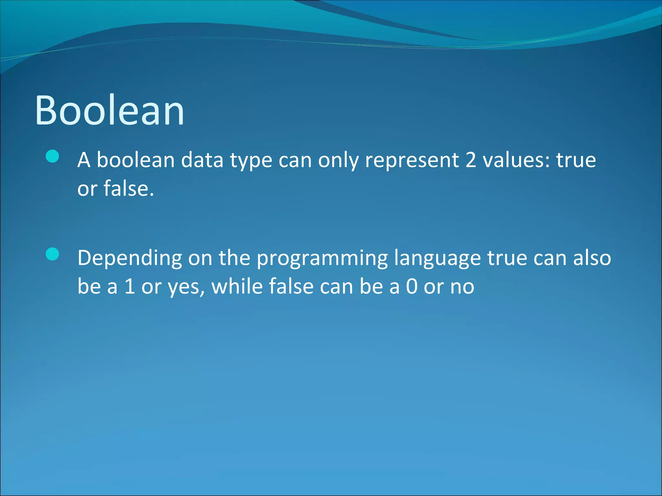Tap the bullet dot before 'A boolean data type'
pyautogui.click(x=52, y=157)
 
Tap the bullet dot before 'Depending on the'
pyautogui.click(x=52, y=254)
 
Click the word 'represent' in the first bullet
pyautogui.click(x=411, y=160)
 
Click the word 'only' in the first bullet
pyautogui.click(x=338, y=160)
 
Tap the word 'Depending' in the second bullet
pyautogui.click(x=130, y=258)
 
